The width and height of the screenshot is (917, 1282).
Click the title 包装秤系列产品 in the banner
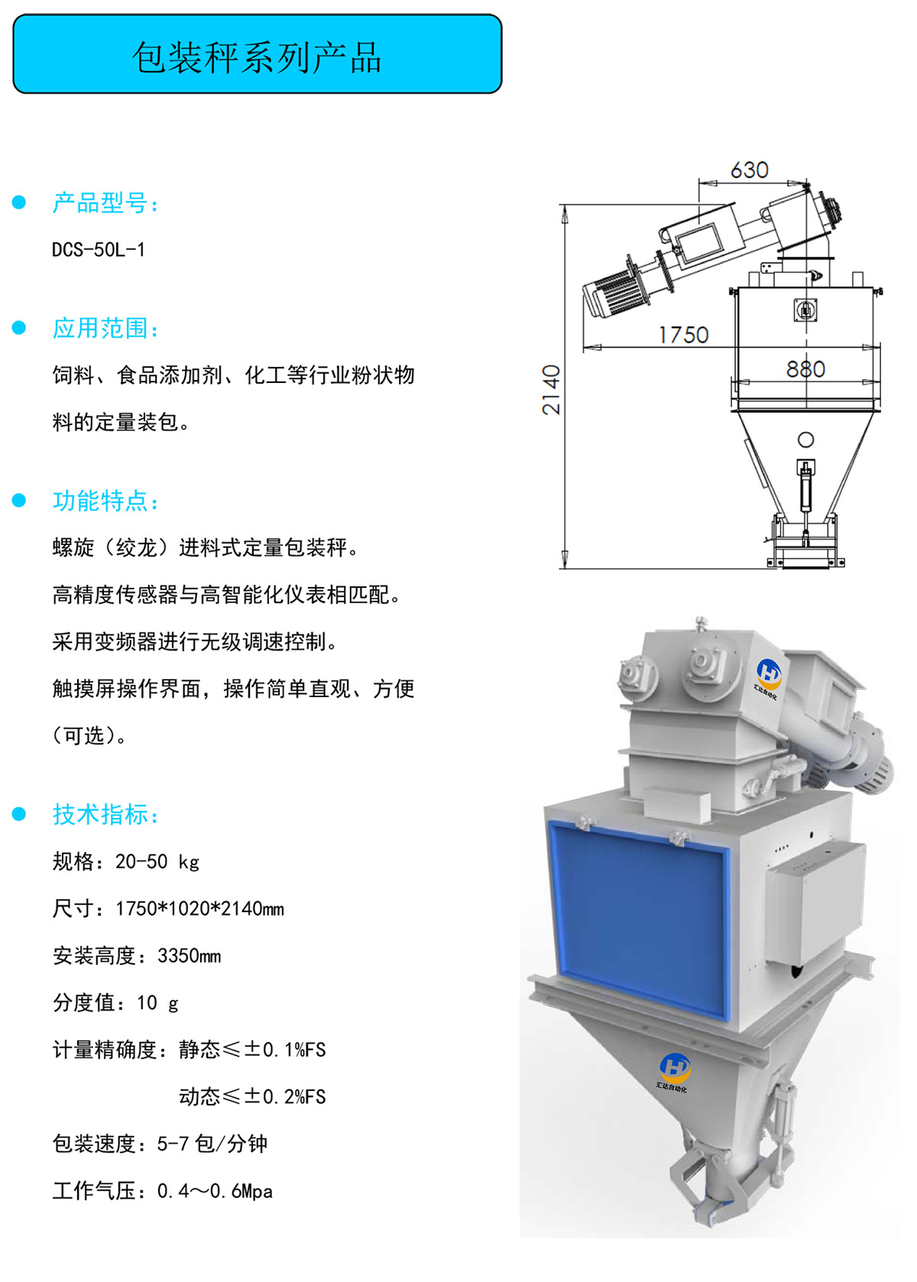point(257,57)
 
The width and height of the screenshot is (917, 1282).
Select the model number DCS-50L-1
point(99,249)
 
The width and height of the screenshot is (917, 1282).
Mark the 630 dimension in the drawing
point(750,170)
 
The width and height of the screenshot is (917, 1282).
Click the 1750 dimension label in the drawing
point(683,335)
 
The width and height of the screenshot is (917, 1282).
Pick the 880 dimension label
point(805,369)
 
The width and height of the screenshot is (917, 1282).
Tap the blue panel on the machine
point(639,915)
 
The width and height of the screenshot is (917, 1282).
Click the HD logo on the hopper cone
point(675,1068)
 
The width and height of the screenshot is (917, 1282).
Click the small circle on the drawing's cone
point(805,440)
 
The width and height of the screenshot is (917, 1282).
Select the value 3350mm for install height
point(190,956)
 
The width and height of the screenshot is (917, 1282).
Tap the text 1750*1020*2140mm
point(199,908)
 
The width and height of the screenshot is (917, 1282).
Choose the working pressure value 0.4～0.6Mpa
point(215,1191)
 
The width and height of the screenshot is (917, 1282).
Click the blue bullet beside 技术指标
point(19,814)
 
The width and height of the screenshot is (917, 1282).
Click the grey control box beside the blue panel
point(815,907)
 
